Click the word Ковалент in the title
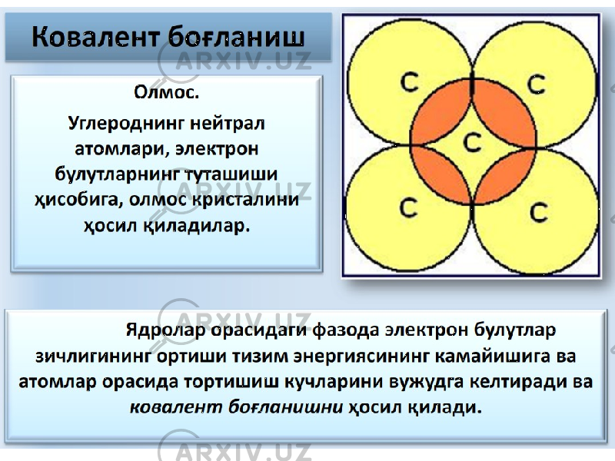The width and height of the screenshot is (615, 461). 95,38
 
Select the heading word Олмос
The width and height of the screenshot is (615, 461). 166,93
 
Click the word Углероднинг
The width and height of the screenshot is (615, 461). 125,124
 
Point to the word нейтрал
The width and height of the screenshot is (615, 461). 228,123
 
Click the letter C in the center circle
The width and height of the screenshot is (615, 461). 472,141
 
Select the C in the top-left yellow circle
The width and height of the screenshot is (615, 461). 410,82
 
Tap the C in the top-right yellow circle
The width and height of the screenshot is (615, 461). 536,85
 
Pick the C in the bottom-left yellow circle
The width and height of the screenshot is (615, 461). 409,207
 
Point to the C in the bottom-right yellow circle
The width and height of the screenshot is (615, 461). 539,213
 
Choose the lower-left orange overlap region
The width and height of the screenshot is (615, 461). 439,174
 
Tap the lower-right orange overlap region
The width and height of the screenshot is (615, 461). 506,176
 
